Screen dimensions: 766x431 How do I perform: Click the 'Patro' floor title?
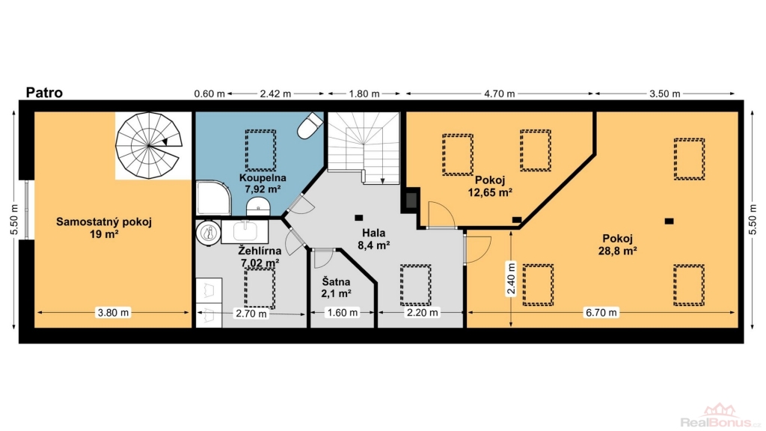click(x=44, y=93)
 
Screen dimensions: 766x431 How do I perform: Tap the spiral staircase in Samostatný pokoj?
click(x=149, y=145)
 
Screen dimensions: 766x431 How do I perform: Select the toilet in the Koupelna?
click(x=310, y=126)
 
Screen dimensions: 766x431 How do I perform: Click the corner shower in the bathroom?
click(x=213, y=198)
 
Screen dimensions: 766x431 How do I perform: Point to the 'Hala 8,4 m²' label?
click(x=374, y=239)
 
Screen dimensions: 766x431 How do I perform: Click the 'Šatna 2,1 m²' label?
click(x=336, y=288)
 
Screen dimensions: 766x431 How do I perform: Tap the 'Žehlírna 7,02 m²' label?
click(x=260, y=257)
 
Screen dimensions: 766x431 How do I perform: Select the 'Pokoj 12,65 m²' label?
click(x=490, y=186)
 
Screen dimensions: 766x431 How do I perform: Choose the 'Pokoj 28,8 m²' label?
click(x=617, y=245)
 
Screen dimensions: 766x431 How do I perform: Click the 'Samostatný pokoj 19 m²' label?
click(x=104, y=227)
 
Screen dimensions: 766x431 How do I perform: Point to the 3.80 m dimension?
click(x=114, y=313)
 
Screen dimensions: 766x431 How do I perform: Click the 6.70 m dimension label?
click(x=601, y=313)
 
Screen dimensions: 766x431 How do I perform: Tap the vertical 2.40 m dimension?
click(x=511, y=279)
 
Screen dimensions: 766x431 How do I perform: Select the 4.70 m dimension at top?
click(x=500, y=94)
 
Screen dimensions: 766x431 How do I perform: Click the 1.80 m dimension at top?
click(x=364, y=94)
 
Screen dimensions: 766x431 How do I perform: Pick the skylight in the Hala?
click(x=416, y=285)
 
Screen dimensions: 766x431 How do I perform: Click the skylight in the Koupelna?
click(x=260, y=150)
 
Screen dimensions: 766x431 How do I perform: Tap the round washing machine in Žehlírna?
click(x=209, y=232)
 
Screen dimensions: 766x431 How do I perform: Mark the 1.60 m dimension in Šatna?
click(x=343, y=313)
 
